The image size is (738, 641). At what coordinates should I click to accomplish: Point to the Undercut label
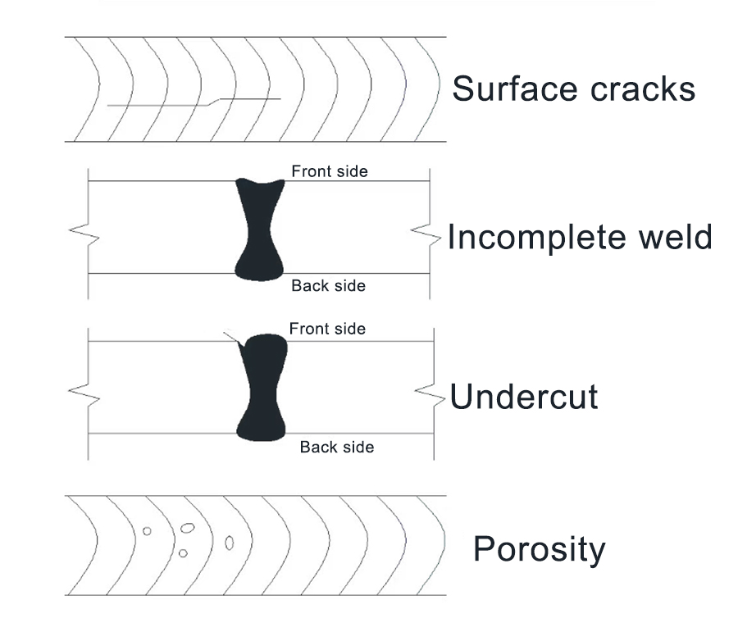point(524,396)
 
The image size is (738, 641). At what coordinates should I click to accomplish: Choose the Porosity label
point(540,550)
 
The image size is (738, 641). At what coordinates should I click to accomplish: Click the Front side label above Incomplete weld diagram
point(330,171)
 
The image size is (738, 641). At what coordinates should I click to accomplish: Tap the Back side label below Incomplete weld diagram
point(329,286)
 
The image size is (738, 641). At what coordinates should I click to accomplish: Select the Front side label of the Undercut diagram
point(327,329)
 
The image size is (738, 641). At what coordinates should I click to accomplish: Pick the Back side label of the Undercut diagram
point(337,447)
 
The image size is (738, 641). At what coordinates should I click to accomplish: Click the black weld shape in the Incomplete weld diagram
point(260,230)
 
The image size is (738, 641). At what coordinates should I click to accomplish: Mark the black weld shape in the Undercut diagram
point(262,388)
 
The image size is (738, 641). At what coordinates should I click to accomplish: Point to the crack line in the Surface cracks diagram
point(194,102)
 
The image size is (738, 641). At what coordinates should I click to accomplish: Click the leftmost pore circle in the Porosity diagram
point(147,531)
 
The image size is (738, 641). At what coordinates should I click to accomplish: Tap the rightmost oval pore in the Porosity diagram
point(230,543)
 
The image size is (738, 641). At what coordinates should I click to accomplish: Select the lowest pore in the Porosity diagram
point(183,553)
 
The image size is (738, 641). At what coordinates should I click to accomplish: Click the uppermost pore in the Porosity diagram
point(187,528)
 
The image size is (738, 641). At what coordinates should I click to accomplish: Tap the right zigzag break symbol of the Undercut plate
point(430,395)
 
